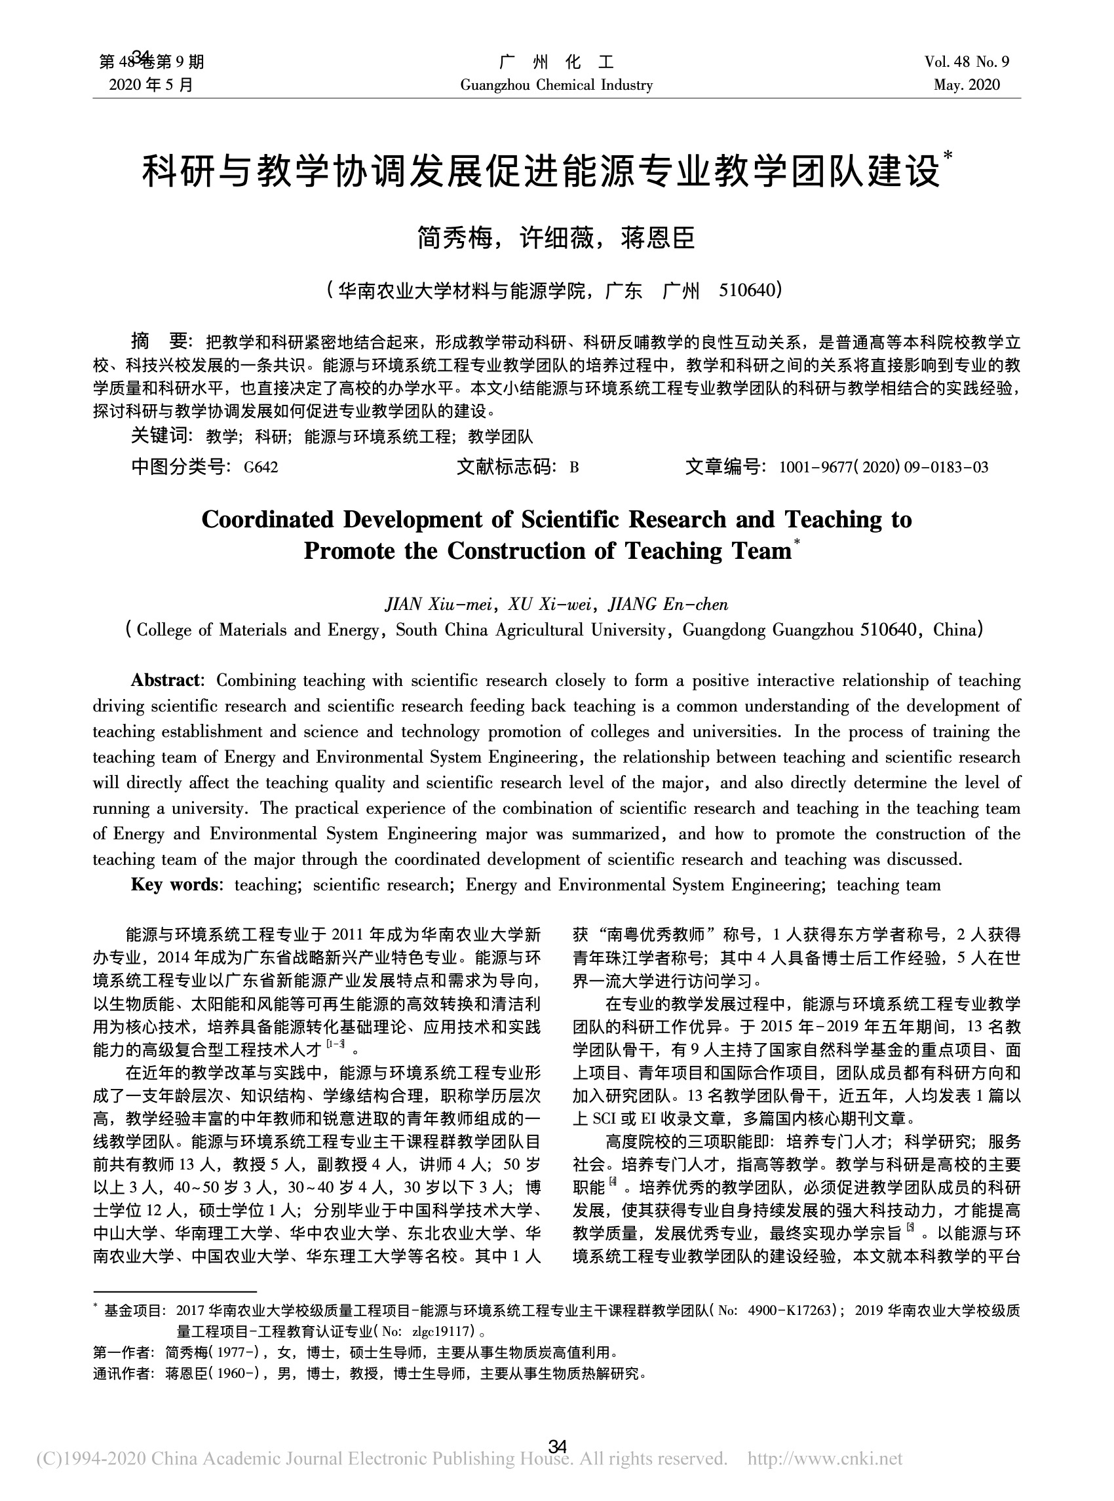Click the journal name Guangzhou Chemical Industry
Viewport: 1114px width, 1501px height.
coord(556,85)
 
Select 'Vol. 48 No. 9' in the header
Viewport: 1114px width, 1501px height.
coord(967,62)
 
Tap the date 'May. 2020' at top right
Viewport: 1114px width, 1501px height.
coord(967,85)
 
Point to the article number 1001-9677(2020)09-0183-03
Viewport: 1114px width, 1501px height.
coord(883,467)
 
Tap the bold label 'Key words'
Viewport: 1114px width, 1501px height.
coord(175,884)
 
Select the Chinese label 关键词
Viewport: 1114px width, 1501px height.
coord(159,436)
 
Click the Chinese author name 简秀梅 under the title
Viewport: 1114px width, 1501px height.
coord(455,238)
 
